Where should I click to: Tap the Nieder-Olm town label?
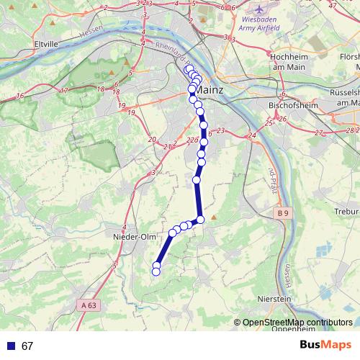[130, 235]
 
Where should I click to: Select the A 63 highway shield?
[89, 305]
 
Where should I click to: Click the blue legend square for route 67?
[10, 346]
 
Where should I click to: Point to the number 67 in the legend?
[28, 346]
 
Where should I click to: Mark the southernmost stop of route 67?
[156, 271]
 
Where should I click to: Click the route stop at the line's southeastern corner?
[201, 220]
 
